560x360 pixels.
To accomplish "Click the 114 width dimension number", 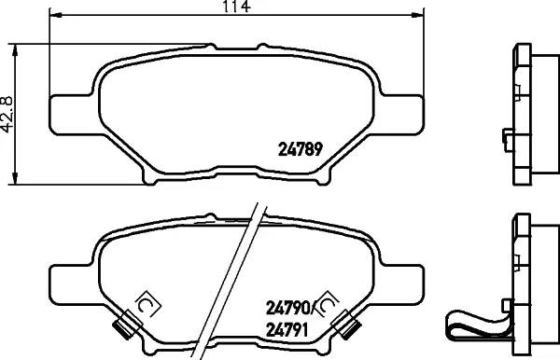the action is [237, 7].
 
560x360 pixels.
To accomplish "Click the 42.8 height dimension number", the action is [7, 114].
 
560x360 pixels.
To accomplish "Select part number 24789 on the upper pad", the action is [301, 149].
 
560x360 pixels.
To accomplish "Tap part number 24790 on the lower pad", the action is [287, 308].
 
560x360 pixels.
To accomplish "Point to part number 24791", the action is [287, 330].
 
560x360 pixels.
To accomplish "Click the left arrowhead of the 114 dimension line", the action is [55, 15].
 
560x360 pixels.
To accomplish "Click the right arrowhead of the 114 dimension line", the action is [418, 15].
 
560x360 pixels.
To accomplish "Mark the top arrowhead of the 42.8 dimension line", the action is [15, 50].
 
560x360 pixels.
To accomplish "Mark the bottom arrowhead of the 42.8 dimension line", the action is [15, 178].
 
